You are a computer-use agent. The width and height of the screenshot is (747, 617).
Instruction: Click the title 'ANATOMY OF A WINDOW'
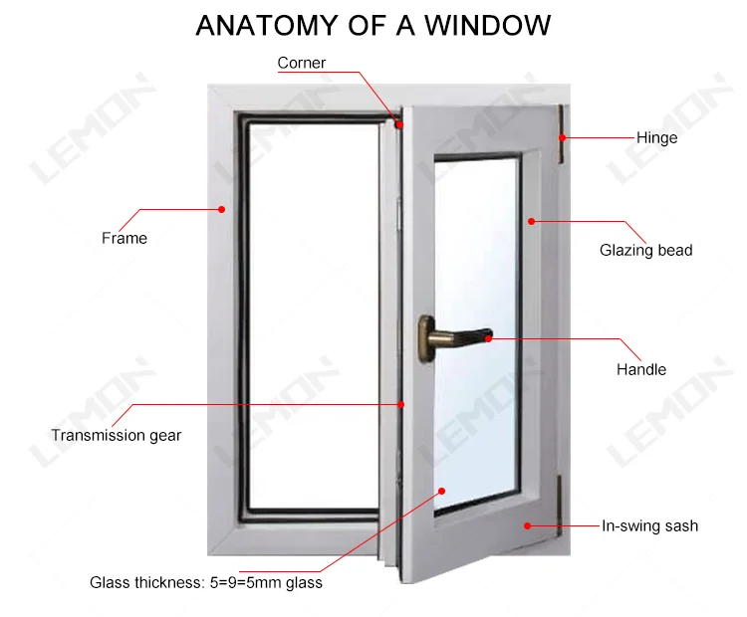point(373,25)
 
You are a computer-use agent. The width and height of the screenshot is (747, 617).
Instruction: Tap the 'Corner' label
point(302,63)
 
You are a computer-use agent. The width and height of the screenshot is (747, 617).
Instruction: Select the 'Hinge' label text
point(656,137)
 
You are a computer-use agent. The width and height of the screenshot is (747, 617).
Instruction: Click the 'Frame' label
point(124,238)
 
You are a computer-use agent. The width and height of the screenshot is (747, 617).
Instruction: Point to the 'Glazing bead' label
point(645,250)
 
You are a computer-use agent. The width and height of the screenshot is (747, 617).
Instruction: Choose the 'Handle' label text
point(640,369)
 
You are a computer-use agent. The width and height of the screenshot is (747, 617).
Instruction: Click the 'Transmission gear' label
point(116,435)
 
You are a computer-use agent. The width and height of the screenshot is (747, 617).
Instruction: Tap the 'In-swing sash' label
point(649,525)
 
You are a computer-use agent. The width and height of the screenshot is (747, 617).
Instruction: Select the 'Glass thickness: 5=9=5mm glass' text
point(206,582)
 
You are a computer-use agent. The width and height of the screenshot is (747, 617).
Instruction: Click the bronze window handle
point(453,334)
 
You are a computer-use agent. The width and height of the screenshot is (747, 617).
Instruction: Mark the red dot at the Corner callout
point(398,125)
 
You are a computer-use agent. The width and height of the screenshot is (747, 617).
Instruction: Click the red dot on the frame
point(221,209)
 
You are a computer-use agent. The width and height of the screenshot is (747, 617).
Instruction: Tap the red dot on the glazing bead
point(531,221)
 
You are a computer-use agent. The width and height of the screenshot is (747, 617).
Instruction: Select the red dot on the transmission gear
point(401,404)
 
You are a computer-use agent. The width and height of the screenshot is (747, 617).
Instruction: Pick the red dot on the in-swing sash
point(528,525)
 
